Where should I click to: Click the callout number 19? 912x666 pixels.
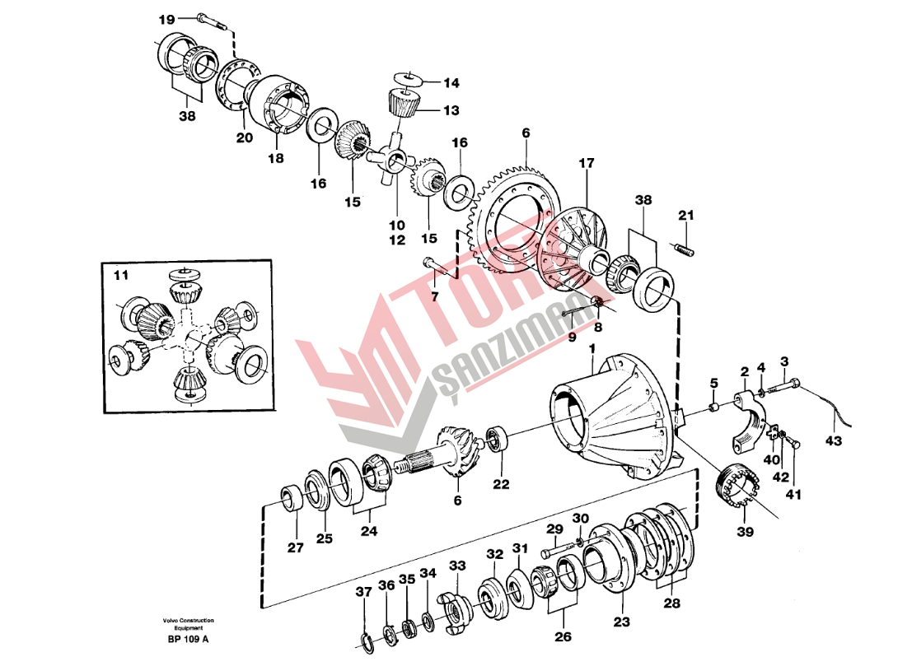pos(166,19)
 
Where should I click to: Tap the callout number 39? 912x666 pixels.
pos(745,533)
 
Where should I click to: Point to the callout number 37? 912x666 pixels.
pos(363,592)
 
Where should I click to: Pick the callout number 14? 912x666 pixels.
pos(451,83)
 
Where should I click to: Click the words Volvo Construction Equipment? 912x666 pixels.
pos(188,624)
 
